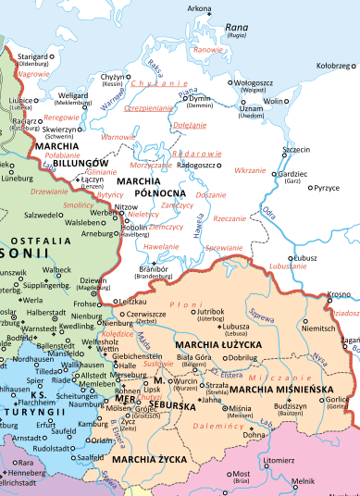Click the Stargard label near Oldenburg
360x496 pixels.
(x=31, y=56)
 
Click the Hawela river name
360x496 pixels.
(x=199, y=227)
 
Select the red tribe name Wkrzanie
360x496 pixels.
(x=250, y=171)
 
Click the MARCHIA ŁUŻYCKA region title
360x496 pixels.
(x=218, y=344)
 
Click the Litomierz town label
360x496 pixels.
(x=279, y=459)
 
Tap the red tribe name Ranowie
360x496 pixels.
(x=209, y=49)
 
